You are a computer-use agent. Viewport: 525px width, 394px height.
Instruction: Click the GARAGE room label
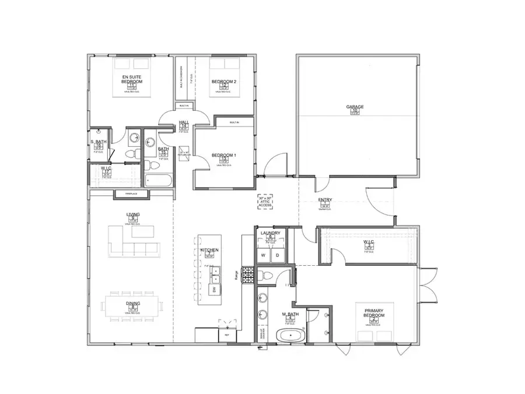pyautogui.click(x=355, y=107)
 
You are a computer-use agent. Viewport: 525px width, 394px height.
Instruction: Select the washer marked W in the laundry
pyautogui.click(x=263, y=255)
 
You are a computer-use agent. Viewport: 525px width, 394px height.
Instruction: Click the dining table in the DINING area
pyautogui.click(x=132, y=305)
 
